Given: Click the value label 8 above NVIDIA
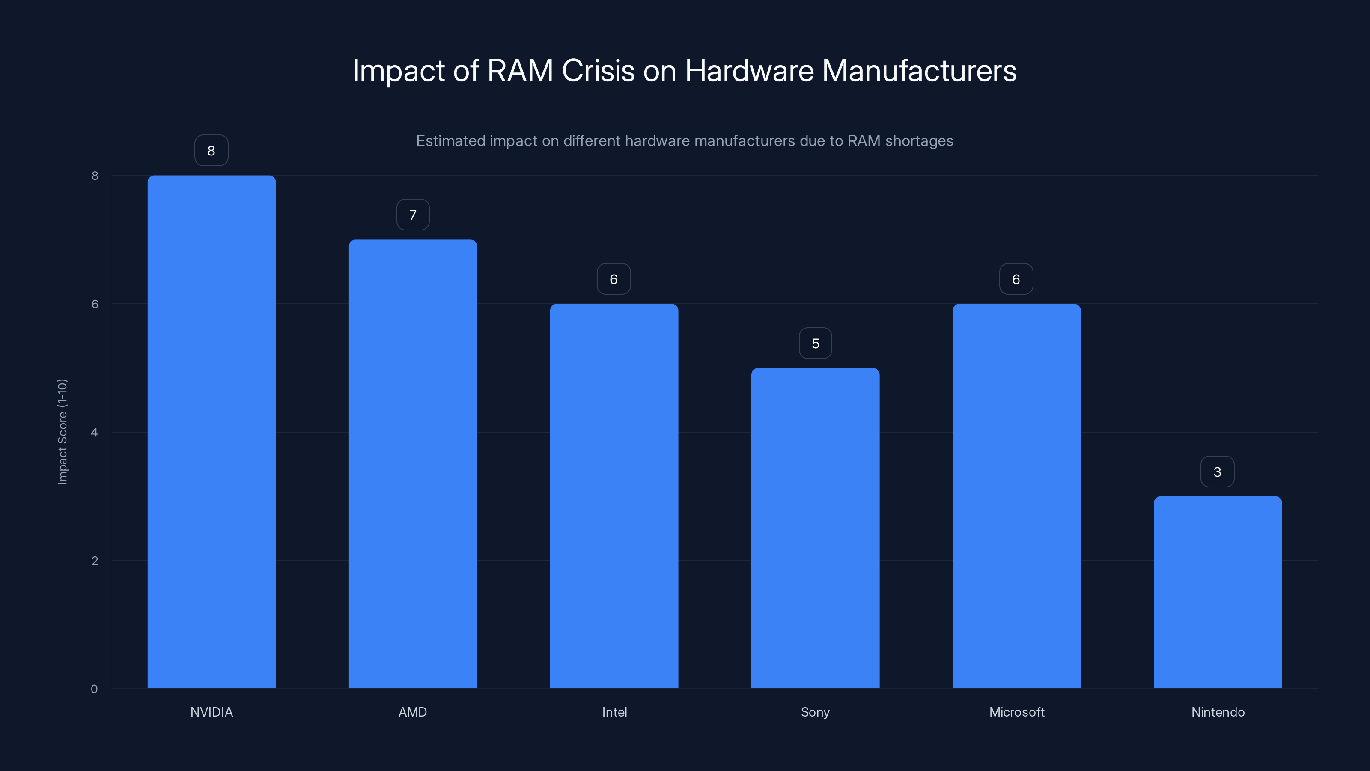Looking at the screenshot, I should point(211,151).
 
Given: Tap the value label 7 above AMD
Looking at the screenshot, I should point(413,215).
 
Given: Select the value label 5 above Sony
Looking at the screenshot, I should point(815,343).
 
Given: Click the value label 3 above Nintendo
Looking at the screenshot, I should point(1217,472).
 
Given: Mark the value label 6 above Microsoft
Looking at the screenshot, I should point(1016,279).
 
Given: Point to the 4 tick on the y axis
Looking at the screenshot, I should point(95,432).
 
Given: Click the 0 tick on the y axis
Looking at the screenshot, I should point(95,689).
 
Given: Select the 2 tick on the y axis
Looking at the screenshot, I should point(95,560).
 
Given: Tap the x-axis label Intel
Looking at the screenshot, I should point(614,712).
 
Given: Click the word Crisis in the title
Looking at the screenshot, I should point(598,70).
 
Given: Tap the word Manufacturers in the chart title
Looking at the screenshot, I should point(919,70).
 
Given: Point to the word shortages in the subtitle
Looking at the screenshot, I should point(919,141).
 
